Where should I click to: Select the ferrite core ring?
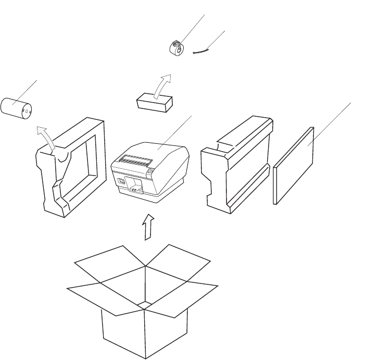pyautogui.click(x=177, y=48)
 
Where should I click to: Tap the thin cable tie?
pyautogui.click(x=201, y=51)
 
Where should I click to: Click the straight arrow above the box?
pyautogui.click(x=149, y=225)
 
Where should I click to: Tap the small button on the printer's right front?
pyautogui.click(x=151, y=170)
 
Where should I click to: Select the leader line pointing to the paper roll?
pyautogui.click(x=29, y=91)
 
